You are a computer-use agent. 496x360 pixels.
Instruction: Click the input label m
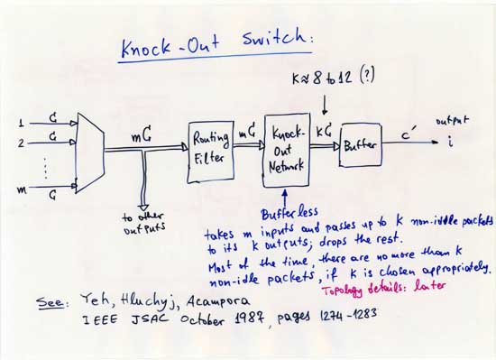tap(22, 189)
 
